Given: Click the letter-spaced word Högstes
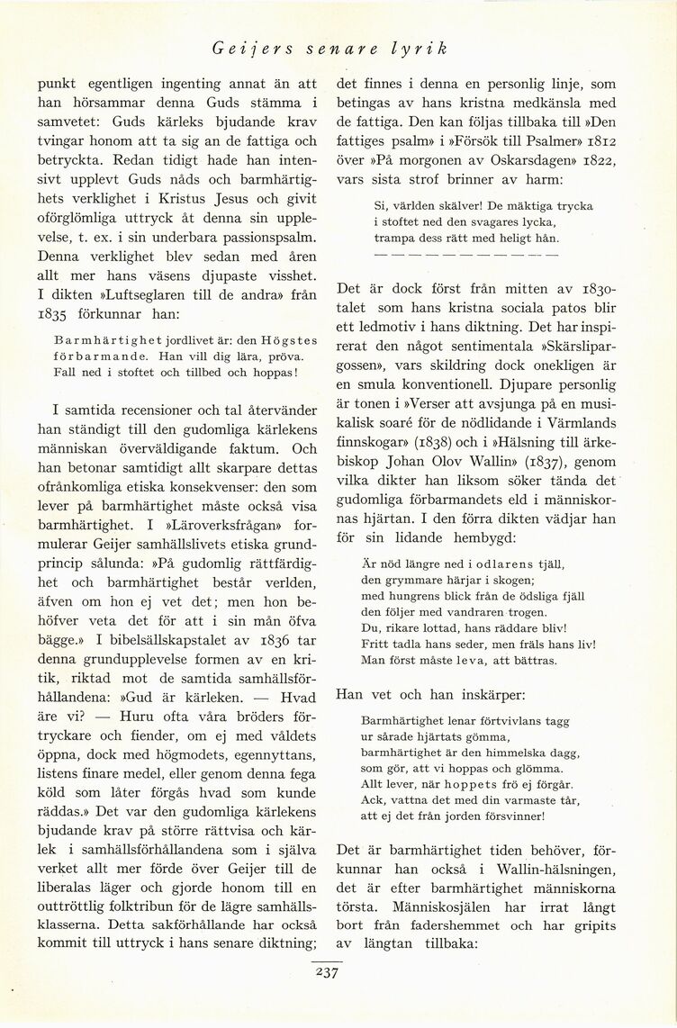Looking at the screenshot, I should (x=283, y=341).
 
